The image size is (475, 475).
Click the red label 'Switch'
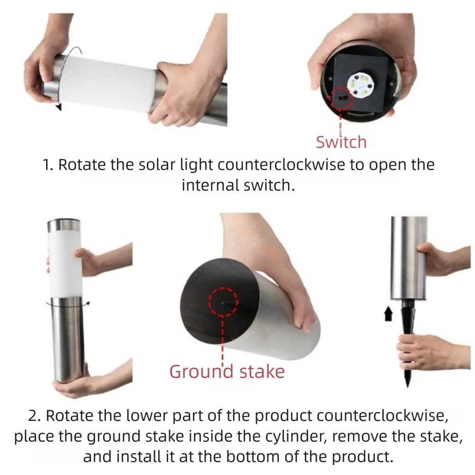[341, 142]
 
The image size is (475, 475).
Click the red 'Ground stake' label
[227, 371]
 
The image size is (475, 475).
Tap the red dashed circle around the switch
[341, 98]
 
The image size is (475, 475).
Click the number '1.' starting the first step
[49, 165]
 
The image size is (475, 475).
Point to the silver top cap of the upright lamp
[63, 225]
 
